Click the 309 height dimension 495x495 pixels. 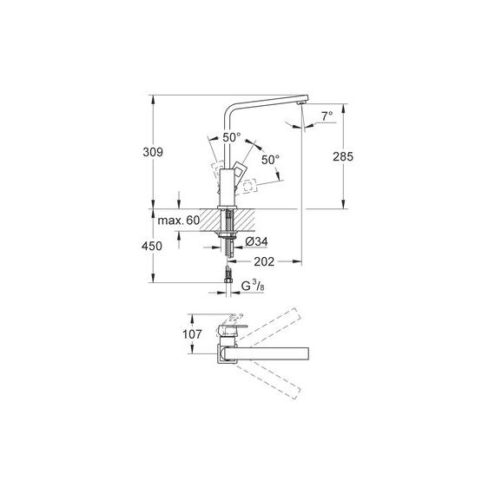click(153, 152)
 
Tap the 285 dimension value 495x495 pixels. click(343, 156)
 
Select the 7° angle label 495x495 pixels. click(327, 115)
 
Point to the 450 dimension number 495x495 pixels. click(152, 246)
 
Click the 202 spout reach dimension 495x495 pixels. click(264, 261)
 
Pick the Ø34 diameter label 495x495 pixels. click(256, 241)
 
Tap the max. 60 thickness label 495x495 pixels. click(179, 221)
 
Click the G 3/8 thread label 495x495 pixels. click(253, 287)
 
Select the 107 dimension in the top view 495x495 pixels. click(192, 334)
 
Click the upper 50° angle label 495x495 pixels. click(232, 137)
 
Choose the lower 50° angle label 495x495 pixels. click(270, 160)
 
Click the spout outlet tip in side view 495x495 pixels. click(302, 103)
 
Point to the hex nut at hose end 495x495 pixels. click(228, 280)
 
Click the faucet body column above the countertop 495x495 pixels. click(227, 188)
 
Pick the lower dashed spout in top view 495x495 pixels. click(267, 381)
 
